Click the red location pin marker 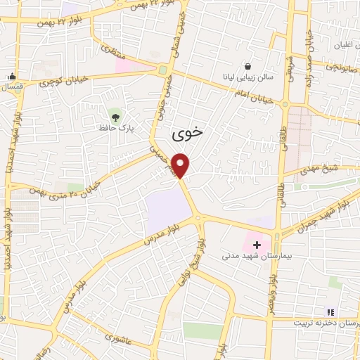tap(182, 166)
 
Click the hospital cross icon tap(257, 245)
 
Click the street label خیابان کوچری tap(64, 79)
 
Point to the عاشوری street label tap(120, 338)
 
